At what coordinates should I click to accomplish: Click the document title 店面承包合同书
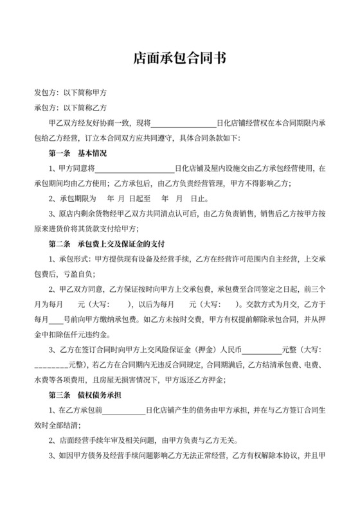pos(179,58)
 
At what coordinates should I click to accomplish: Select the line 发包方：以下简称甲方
pos(70,93)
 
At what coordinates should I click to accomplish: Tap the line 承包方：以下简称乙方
pos(70,107)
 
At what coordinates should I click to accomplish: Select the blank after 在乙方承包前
pos(123,409)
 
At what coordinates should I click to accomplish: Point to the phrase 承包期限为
pos(78,199)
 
